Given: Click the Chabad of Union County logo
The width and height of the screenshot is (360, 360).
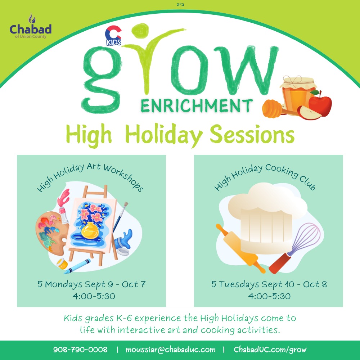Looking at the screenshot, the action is pyautogui.click(x=31, y=26).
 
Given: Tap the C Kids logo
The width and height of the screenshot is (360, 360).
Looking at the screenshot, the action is pyautogui.click(x=113, y=36).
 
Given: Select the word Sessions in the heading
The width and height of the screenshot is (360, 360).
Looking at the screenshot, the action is pyautogui.click(x=252, y=134).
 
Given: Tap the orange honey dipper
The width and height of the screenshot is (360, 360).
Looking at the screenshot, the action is pyautogui.click(x=274, y=109).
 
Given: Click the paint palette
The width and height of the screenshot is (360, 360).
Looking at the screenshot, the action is pyautogui.click(x=52, y=233).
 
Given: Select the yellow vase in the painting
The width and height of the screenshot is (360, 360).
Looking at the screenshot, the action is pyautogui.click(x=90, y=230).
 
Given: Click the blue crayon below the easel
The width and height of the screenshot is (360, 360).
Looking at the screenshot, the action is pyautogui.click(x=77, y=266).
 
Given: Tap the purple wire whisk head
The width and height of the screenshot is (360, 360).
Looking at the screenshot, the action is pyautogui.click(x=305, y=238).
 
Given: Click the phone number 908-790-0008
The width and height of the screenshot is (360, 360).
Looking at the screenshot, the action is pyautogui.click(x=80, y=350).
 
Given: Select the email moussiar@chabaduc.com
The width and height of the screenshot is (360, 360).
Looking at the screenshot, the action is pyautogui.click(x=171, y=350).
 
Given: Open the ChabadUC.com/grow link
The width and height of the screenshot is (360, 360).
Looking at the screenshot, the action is pyautogui.click(x=270, y=350).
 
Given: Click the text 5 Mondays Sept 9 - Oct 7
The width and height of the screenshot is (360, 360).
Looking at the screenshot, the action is pyautogui.click(x=91, y=284).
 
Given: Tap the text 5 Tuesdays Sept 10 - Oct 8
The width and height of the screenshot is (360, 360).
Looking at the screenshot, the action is pyautogui.click(x=269, y=284).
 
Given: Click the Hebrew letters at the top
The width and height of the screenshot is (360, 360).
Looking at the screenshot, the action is pyautogui.click(x=180, y=5).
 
